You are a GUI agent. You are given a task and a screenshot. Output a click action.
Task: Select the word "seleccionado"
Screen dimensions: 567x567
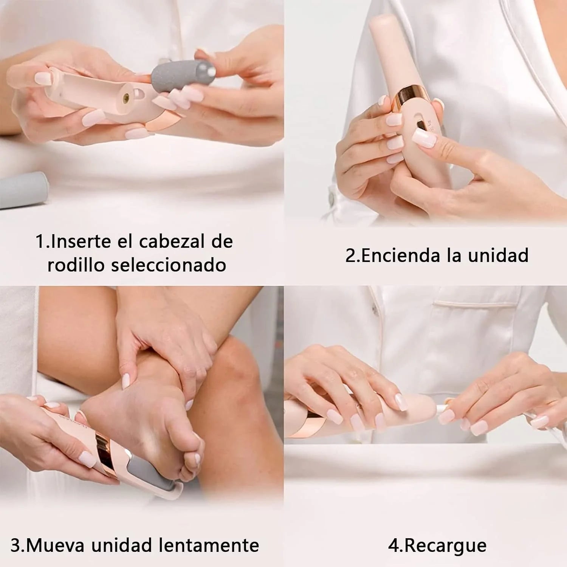[168, 265]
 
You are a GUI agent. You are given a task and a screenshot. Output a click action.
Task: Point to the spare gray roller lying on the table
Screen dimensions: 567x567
[23, 189]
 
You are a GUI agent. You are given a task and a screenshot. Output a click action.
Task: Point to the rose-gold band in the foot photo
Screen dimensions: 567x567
[103, 446]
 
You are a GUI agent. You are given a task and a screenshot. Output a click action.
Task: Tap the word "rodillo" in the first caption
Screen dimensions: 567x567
[76, 265]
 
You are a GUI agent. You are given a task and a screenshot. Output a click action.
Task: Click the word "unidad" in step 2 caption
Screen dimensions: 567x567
[498, 256]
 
